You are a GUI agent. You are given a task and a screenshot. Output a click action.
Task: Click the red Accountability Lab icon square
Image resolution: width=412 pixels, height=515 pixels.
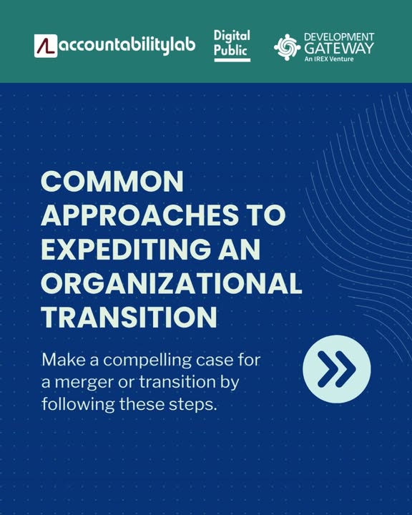46,46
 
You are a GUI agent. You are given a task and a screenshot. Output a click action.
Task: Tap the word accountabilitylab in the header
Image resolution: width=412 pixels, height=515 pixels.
127,46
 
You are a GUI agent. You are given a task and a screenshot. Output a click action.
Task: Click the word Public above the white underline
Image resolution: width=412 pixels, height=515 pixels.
230,50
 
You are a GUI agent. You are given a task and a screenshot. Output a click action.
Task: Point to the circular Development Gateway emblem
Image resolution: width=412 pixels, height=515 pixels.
287,47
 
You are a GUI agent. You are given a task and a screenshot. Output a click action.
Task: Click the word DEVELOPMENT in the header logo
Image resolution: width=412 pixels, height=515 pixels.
339,36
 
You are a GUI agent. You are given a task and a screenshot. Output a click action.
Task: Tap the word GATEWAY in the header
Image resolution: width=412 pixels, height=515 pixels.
339,49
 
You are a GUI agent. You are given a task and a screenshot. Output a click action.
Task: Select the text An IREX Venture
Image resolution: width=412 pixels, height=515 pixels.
329,59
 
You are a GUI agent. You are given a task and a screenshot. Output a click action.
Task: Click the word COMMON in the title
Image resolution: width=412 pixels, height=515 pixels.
112,181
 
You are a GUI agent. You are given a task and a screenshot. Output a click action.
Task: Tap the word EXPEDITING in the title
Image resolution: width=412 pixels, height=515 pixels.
126,249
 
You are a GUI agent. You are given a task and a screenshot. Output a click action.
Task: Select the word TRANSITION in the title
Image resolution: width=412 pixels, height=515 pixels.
129,317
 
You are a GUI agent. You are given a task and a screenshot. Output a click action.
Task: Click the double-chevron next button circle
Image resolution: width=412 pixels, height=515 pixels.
337,369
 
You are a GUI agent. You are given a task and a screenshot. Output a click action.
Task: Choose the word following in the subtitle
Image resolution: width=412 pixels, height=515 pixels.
78,405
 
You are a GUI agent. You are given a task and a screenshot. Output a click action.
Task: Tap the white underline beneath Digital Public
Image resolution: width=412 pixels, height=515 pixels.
232,60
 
